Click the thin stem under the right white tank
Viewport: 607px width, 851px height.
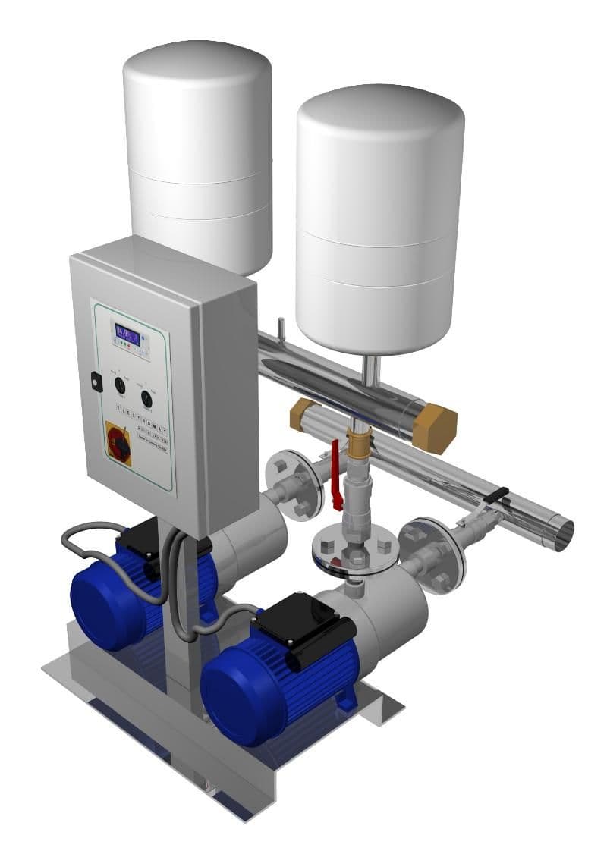(x=368, y=372)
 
